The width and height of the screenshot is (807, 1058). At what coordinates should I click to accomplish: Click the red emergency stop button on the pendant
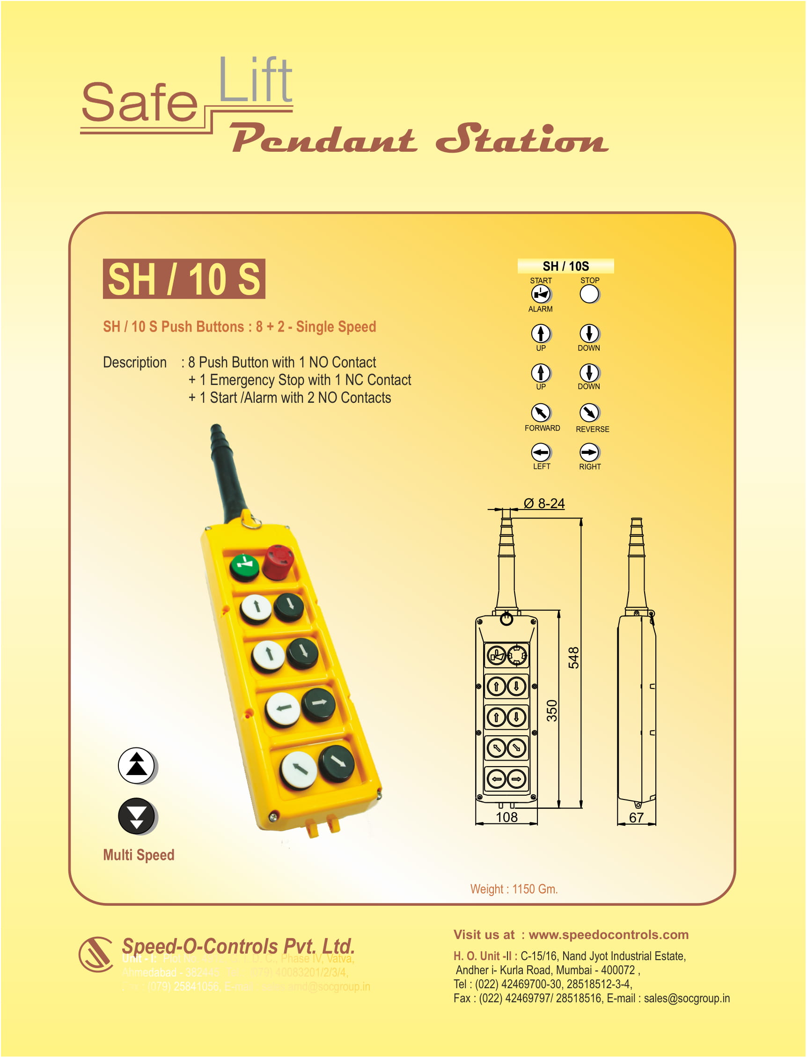click(278, 561)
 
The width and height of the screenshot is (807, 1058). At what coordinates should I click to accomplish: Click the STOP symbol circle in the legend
click(589, 294)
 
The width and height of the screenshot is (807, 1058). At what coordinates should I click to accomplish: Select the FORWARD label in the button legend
click(542, 428)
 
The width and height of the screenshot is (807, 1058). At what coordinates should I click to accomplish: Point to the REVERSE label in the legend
click(592, 429)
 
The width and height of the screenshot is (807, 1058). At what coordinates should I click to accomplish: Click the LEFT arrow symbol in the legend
click(541, 452)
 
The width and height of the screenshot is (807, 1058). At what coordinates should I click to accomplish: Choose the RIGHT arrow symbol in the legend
click(589, 452)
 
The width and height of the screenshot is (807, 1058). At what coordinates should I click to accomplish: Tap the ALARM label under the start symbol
click(540, 309)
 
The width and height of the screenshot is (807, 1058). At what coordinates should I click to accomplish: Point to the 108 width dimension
click(506, 817)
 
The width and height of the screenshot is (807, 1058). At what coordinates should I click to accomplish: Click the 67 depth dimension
click(636, 818)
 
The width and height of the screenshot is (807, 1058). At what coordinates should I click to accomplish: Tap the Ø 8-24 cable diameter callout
click(544, 503)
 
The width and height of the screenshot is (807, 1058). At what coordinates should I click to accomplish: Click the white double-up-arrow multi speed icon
click(136, 765)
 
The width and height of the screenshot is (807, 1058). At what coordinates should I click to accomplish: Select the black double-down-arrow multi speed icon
click(136, 816)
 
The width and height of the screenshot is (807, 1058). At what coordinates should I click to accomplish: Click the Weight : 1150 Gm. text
click(514, 889)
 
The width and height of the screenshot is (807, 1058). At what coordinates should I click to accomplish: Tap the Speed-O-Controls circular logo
click(95, 954)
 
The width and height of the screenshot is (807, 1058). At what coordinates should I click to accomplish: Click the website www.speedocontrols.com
click(608, 934)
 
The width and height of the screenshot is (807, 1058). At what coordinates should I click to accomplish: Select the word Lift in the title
click(255, 80)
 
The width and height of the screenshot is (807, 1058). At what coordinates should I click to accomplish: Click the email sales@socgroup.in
click(686, 998)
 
